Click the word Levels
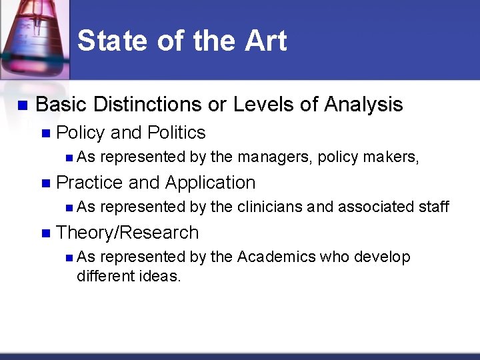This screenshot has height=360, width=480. (255, 105)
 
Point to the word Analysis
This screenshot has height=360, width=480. (363, 105)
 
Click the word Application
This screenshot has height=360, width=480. (210, 183)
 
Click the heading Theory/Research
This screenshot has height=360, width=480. (127, 233)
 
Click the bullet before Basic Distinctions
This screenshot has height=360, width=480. (21, 105)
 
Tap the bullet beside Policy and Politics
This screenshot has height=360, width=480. (45, 133)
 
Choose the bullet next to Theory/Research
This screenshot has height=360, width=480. (45, 233)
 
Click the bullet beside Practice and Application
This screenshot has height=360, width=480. (45, 183)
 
